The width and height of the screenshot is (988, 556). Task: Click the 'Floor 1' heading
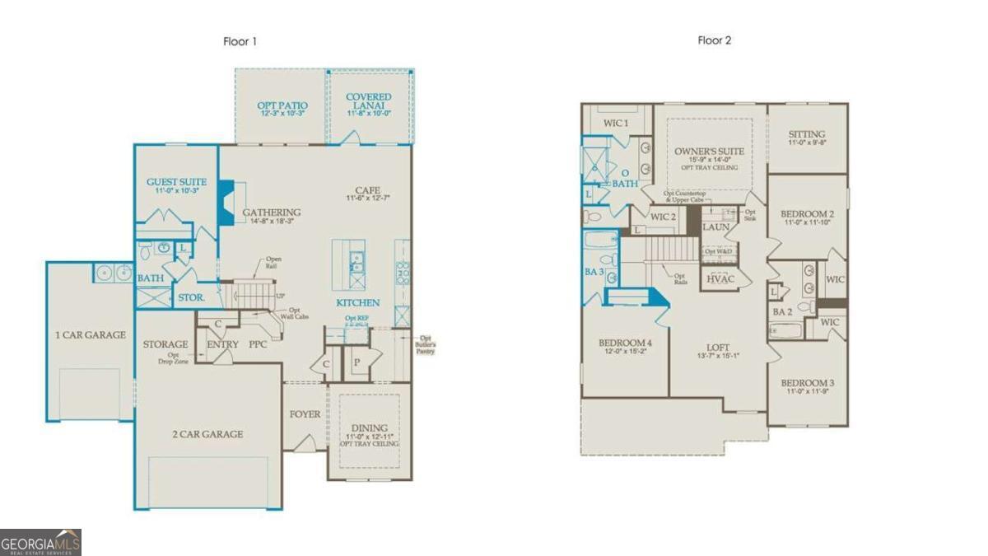coord(240,41)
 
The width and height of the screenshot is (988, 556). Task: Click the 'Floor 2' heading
coord(715,40)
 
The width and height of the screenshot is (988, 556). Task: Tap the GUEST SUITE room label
coord(176,182)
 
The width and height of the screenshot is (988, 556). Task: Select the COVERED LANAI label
coord(369,97)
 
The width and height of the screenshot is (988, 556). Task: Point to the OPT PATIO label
coord(282,105)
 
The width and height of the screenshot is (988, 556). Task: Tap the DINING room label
coord(370,427)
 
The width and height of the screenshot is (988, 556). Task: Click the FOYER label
coord(305,414)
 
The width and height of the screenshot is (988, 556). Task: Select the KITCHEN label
coord(358,303)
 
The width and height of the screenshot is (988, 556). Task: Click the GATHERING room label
coord(271,213)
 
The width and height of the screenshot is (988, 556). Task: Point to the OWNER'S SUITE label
coord(709,152)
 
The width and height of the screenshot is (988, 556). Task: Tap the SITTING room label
coord(806,134)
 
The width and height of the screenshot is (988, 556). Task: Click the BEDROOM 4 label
coord(626,343)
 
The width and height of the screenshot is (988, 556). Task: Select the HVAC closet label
coord(716,279)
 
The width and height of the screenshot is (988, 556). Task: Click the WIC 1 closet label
coord(616,124)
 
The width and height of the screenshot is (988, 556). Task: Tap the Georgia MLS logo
coord(41,543)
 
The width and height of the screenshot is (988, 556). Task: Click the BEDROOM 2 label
coord(806,214)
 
